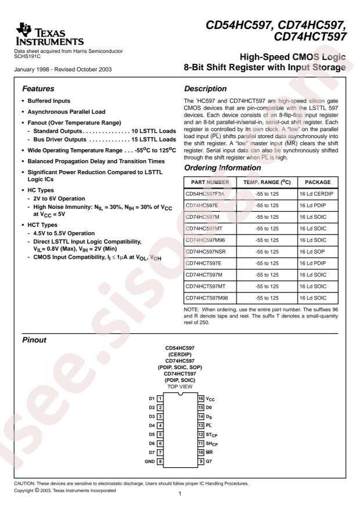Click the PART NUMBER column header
coord(210,181)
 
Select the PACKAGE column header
coord(317,181)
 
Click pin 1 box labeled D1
coord(160,398)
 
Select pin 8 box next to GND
coord(160,461)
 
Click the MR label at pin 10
coord(209,452)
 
